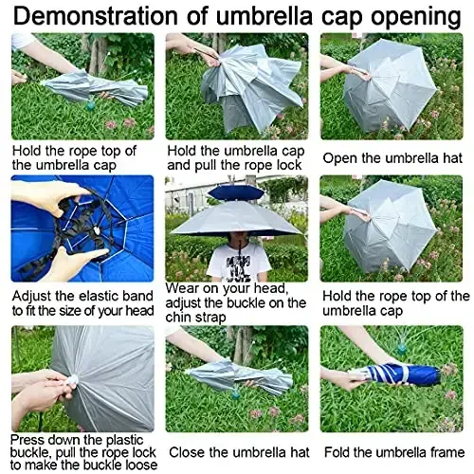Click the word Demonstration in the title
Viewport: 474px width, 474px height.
pos(115,16)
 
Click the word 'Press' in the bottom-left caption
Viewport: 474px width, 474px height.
pos(31,439)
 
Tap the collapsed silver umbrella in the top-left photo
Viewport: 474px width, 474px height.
pos(95,88)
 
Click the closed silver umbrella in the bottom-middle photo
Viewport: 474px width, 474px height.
pos(237,376)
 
